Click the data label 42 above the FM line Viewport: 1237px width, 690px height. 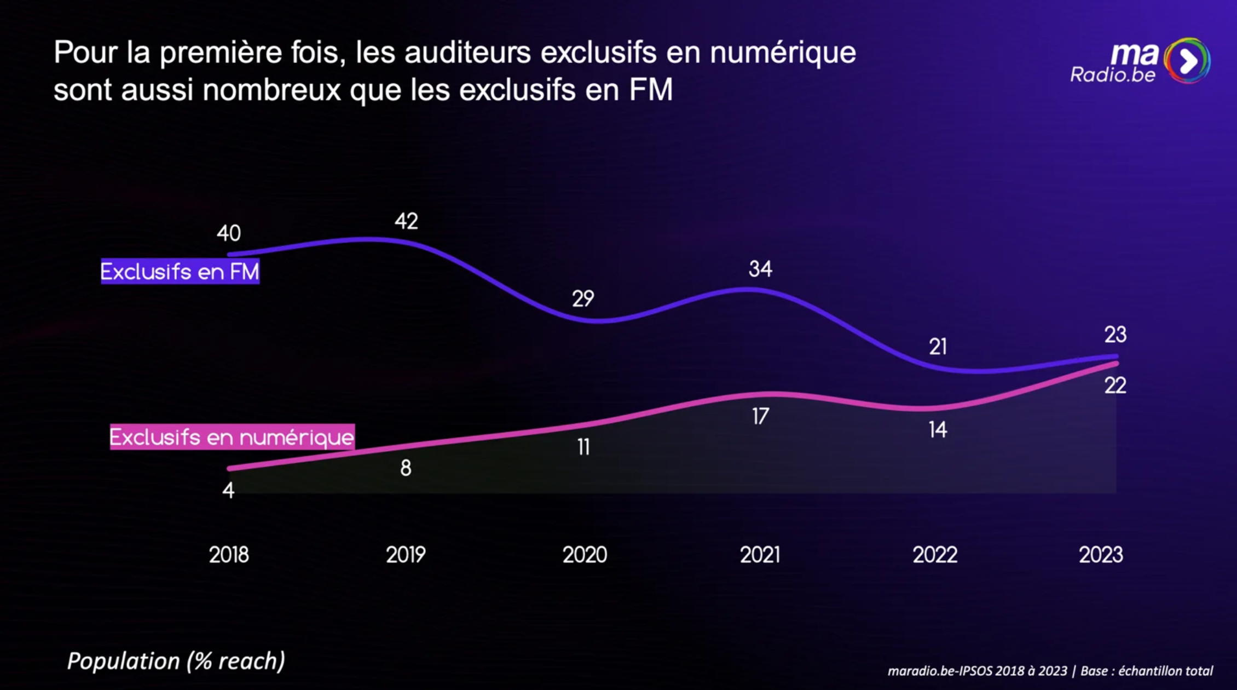tap(406, 221)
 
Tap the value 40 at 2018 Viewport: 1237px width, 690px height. tap(229, 233)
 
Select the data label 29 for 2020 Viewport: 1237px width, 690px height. tap(583, 299)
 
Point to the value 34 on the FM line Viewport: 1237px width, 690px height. tap(760, 269)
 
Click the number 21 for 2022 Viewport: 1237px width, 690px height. tap(938, 347)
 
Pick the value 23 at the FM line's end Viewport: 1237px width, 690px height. tap(1115, 335)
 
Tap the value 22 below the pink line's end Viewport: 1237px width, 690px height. tap(1115, 386)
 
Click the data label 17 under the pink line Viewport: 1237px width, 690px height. tap(760, 417)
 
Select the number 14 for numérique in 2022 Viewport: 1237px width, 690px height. tap(938, 430)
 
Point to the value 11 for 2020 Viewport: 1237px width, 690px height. tap(583, 447)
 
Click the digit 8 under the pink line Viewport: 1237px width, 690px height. tap(406, 468)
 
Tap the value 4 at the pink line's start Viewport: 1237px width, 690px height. tap(228, 491)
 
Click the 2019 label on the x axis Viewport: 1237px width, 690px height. tap(406, 555)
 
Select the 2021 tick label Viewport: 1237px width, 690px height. tap(760, 555)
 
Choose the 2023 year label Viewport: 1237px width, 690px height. tap(1101, 555)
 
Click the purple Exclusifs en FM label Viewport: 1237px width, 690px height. tap(180, 272)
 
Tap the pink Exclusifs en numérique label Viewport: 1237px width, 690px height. tap(232, 437)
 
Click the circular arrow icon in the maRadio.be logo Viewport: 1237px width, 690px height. tap(1187, 61)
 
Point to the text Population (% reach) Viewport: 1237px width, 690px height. tap(176, 661)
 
